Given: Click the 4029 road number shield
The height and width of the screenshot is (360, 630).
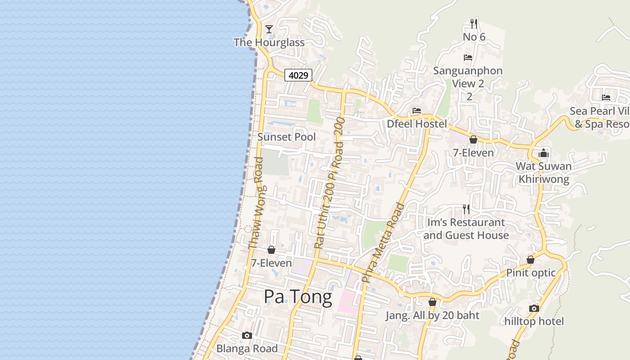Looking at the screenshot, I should point(298,75).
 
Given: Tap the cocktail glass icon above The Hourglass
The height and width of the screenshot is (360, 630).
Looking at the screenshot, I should point(269,29).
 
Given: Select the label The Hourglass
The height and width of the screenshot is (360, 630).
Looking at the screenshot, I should point(269,42).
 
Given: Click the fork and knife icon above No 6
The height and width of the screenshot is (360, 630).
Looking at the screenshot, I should point(473,23).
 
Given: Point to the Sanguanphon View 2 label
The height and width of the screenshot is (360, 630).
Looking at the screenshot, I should point(468,77).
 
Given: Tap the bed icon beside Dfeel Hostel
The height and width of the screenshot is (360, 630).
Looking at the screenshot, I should point(417,111).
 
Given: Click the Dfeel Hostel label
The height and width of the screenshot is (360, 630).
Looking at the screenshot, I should point(417,124).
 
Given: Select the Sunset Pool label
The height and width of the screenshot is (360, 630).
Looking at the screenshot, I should point(287,137).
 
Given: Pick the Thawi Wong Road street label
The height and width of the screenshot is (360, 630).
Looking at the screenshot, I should point(256,203).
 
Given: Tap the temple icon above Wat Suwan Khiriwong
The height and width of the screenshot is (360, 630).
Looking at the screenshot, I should point(544,153).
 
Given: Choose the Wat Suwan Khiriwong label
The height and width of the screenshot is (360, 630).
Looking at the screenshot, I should point(544,173).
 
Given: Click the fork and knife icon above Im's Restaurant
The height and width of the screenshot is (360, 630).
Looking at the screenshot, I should point(466,209).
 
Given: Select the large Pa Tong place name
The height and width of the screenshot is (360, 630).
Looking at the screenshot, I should point(298,297).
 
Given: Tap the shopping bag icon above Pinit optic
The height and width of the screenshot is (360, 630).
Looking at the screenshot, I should point(531,260).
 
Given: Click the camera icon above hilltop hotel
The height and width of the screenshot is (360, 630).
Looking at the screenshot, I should point(534,308).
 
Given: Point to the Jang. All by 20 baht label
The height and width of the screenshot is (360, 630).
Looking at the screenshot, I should point(432,315).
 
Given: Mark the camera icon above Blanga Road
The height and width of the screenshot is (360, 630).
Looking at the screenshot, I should point(247,335).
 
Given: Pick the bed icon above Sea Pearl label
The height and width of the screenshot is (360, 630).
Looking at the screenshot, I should point(606,97).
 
